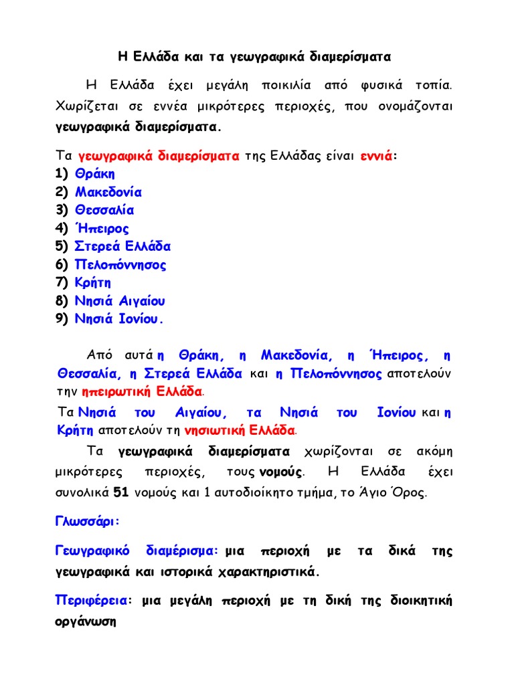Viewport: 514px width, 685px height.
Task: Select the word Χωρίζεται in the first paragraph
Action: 83,107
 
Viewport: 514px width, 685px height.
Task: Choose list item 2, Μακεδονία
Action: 108,192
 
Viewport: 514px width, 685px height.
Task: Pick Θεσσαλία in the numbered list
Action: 104,210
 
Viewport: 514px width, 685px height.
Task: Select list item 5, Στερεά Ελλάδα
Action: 123,246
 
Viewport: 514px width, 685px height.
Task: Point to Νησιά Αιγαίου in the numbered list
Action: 120,301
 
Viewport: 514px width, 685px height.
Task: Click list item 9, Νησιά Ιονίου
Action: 119,319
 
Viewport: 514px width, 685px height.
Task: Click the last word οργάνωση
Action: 86,621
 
